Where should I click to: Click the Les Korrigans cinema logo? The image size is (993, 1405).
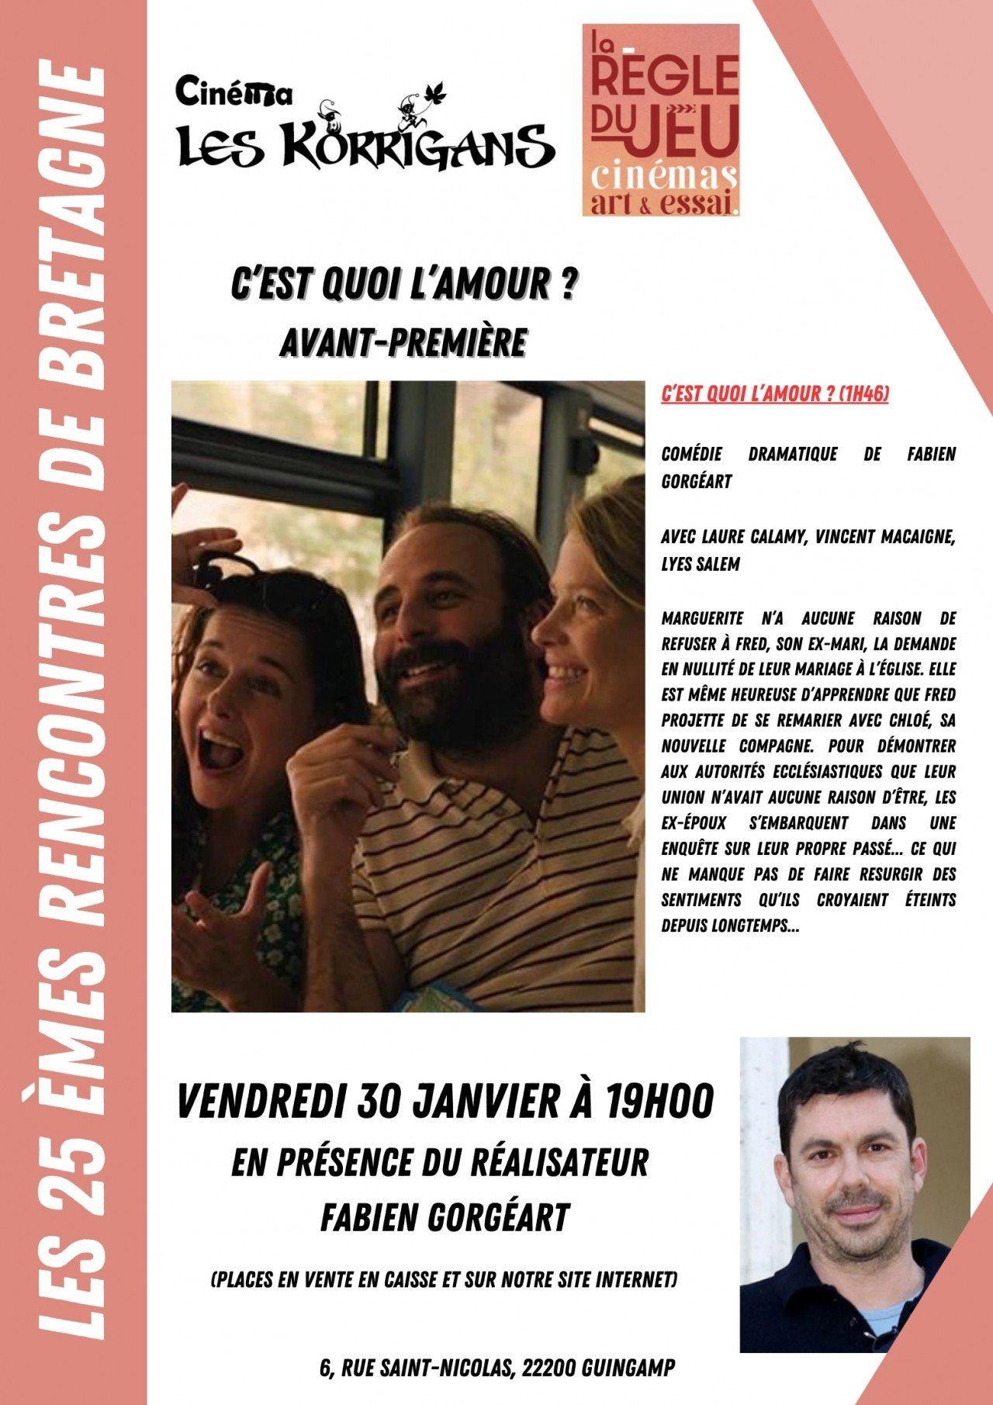pos(365,128)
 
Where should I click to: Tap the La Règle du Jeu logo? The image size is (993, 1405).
pos(660,120)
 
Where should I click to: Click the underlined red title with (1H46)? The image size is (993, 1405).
pos(774,394)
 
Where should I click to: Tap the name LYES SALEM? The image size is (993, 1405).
pos(701,564)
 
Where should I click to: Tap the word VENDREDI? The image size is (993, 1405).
pos(261,1101)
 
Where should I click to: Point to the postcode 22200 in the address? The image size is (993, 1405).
pos(548,1368)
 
